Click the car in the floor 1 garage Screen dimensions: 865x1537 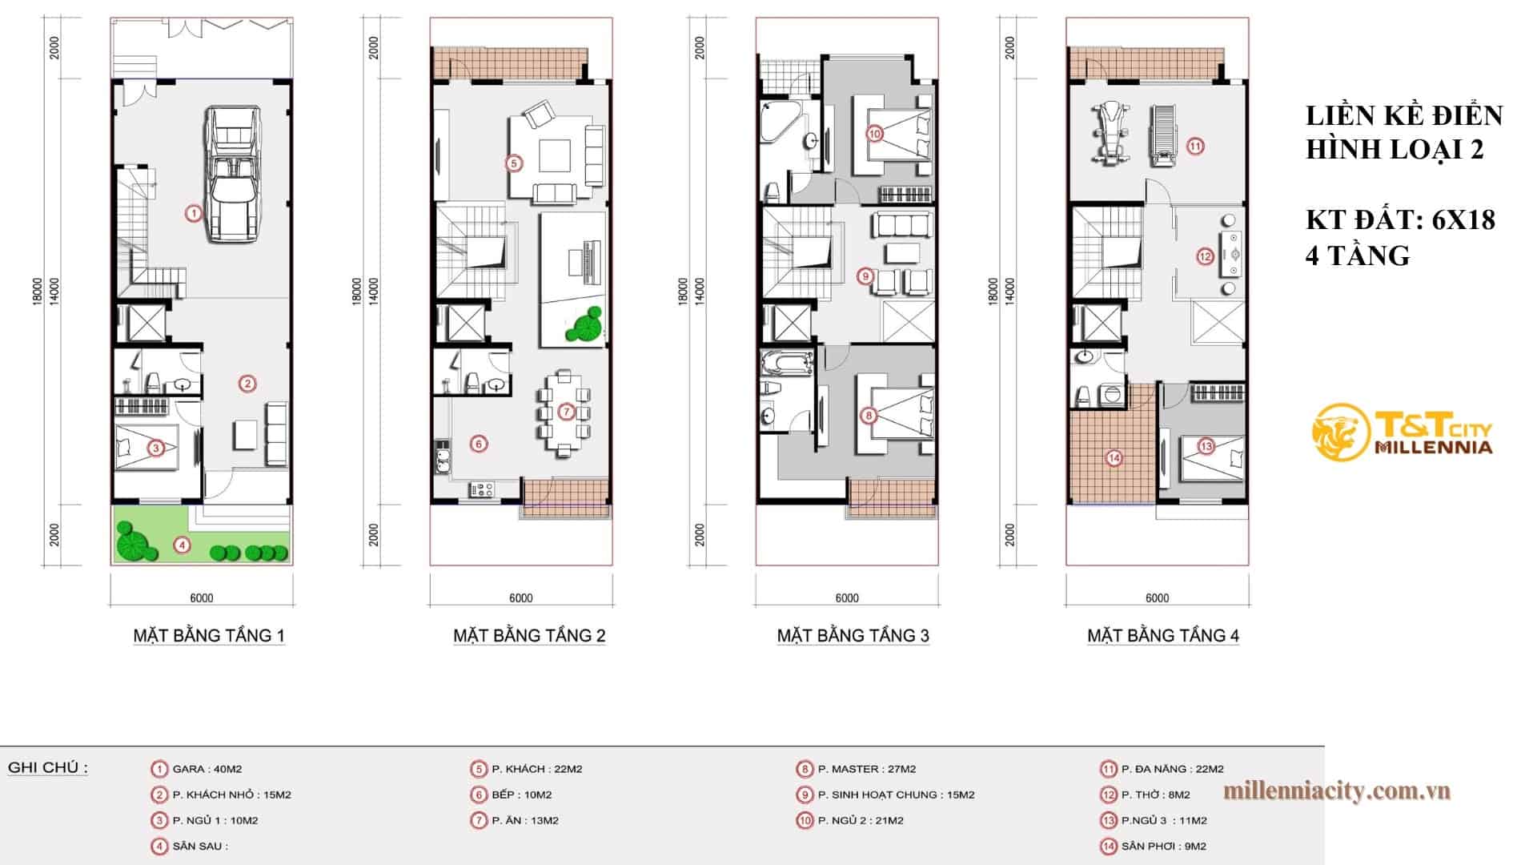tap(233, 174)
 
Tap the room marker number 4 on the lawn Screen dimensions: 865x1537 tap(183, 545)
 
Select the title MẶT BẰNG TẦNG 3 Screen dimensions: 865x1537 tap(853, 636)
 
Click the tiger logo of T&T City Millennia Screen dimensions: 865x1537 tap(1339, 433)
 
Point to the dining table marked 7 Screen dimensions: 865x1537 tap(566, 412)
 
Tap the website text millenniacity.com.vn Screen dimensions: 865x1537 tap(1337, 791)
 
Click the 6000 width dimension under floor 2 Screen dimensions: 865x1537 tap(520, 598)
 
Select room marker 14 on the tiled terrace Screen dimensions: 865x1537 tap(1114, 459)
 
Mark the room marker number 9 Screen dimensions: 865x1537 tap(865, 276)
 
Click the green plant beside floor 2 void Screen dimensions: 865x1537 tap(584, 324)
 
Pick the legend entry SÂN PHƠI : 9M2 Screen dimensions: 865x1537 tap(1163, 846)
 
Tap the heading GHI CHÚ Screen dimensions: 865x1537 tap(47, 767)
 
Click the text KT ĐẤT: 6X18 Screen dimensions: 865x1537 tap(1400, 219)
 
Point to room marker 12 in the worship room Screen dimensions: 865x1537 tap(1205, 257)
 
